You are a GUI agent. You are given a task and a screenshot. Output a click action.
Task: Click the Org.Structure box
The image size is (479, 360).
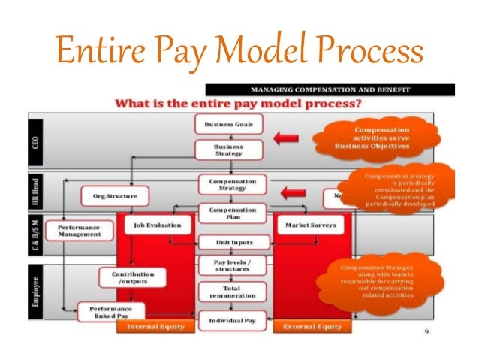pos(115,196)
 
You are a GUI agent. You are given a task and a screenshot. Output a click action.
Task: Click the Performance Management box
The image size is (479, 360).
pos(74,229)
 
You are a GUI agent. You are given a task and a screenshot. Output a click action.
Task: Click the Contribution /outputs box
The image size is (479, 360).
pos(128,279)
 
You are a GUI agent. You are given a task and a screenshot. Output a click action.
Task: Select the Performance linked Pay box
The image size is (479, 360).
pos(110,311)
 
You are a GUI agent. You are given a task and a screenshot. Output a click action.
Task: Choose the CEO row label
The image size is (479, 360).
pos(36,141)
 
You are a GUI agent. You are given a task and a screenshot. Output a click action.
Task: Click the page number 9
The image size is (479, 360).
pos(426,331)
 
